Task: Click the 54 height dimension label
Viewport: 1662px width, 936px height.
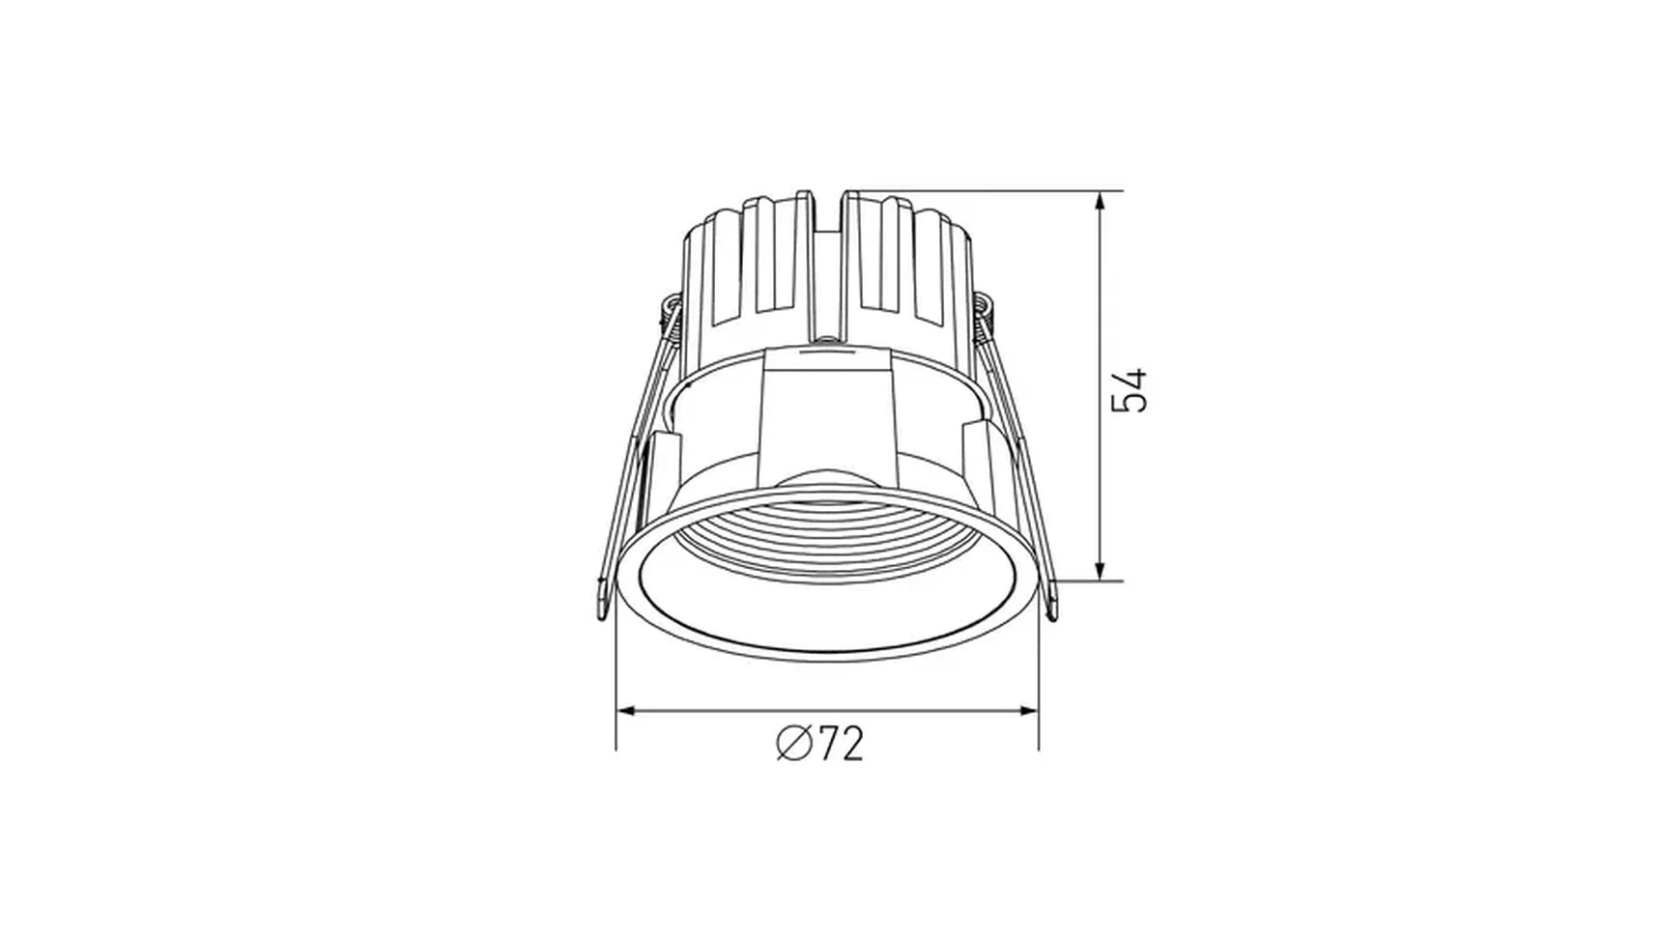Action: click(x=1129, y=390)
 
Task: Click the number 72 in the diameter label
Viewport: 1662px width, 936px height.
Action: click(x=841, y=744)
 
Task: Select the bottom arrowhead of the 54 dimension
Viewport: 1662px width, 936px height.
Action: click(x=1100, y=569)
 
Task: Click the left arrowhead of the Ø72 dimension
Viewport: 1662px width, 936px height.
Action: click(x=629, y=712)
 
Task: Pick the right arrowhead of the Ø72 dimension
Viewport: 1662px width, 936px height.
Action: click(x=1025, y=712)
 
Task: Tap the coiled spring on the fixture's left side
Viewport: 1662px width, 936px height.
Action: click(x=668, y=315)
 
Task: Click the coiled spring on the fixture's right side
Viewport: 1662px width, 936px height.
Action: click(x=984, y=315)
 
